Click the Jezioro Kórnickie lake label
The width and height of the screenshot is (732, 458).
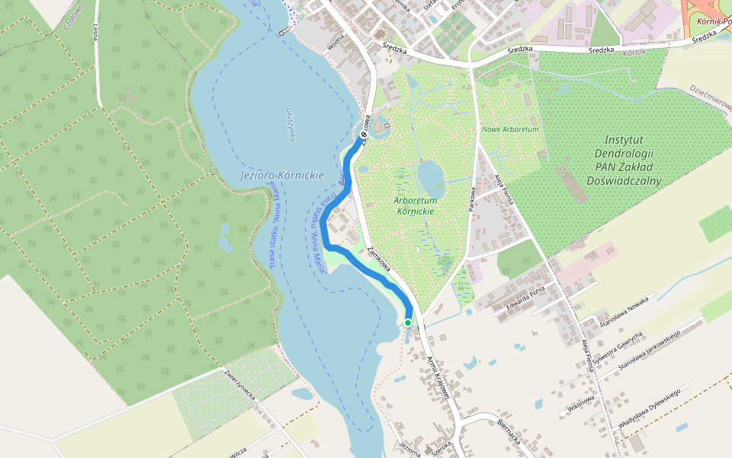[281, 176]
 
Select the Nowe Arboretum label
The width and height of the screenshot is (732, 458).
[510, 130]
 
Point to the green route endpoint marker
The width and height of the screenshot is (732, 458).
[408, 323]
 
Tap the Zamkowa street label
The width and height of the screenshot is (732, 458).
[379, 260]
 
